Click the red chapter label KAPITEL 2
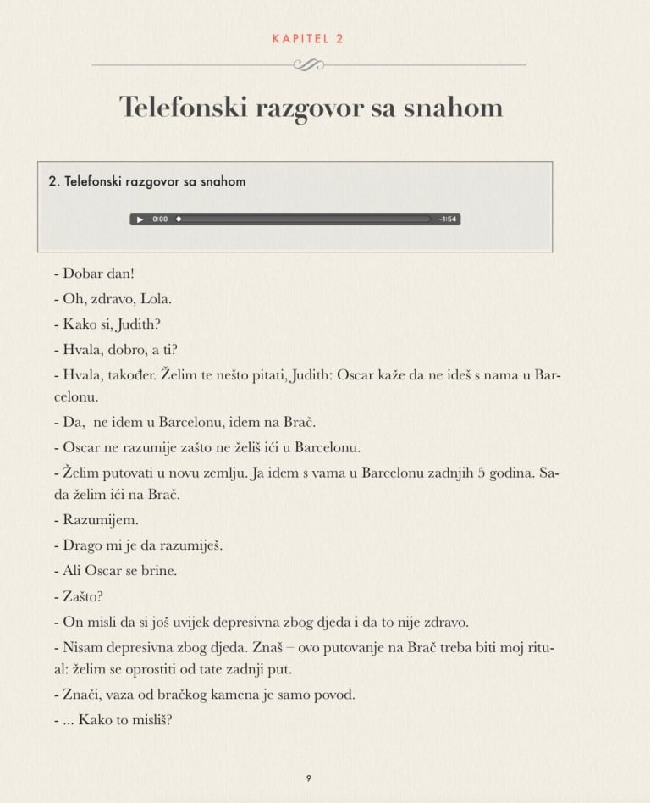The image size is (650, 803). point(309,38)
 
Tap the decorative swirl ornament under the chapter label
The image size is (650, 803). point(308,64)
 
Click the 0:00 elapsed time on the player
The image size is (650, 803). point(160,219)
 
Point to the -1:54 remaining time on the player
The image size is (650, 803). point(448,219)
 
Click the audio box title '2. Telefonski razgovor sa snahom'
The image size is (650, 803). point(147,181)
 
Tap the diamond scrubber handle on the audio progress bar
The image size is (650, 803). point(179,219)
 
